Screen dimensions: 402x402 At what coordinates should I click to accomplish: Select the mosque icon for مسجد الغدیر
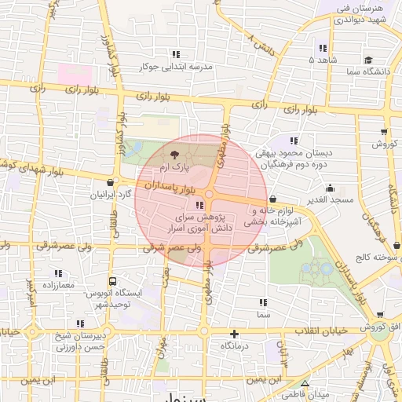[x=330, y=188]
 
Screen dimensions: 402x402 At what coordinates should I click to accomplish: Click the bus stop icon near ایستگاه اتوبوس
[x=112, y=280]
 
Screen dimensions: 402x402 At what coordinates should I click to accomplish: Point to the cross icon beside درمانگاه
[x=233, y=334]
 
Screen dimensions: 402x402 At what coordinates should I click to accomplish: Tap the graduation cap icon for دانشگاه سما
[x=368, y=60]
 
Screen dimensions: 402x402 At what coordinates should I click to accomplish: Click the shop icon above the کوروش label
[x=383, y=131]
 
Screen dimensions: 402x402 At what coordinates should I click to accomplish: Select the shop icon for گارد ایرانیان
[x=109, y=182]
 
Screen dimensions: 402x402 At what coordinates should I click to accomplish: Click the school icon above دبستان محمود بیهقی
[x=293, y=140]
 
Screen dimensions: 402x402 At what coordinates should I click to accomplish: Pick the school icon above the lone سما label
[x=261, y=302]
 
